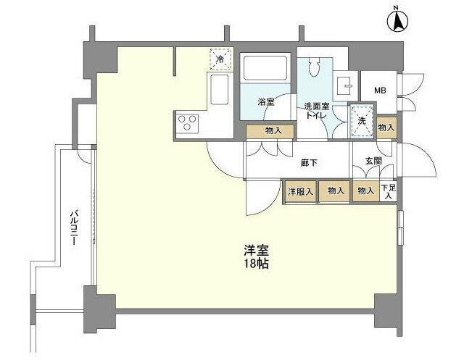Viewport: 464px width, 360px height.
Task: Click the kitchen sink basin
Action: (x=218, y=93)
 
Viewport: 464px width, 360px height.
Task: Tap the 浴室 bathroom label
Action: (x=266, y=104)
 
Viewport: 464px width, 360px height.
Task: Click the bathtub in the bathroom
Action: (x=265, y=70)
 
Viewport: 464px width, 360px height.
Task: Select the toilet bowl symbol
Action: (x=314, y=67)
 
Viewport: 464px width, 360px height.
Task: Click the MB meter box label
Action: (x=379, y=91)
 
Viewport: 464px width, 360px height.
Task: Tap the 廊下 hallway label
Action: (x=308, y=163)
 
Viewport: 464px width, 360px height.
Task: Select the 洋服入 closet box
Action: (x=300, y=191)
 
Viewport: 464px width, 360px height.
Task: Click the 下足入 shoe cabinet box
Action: (x=389, y=191)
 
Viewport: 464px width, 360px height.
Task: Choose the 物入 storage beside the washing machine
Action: (x=386, y=127)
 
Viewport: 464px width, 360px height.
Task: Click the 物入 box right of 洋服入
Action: (x=335, y=191)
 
